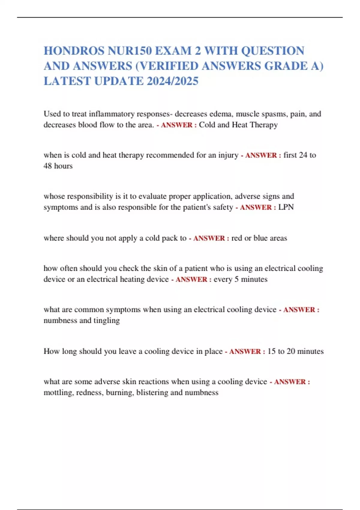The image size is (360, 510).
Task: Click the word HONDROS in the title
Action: pos(74,51)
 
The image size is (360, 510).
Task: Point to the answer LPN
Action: pos(286,207)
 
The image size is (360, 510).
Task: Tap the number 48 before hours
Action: pos(48,166)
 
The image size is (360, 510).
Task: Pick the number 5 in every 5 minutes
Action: pos(236,279)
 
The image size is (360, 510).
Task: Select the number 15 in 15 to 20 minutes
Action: pos(271,351)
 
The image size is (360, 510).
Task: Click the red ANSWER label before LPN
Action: pos(256,207)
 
